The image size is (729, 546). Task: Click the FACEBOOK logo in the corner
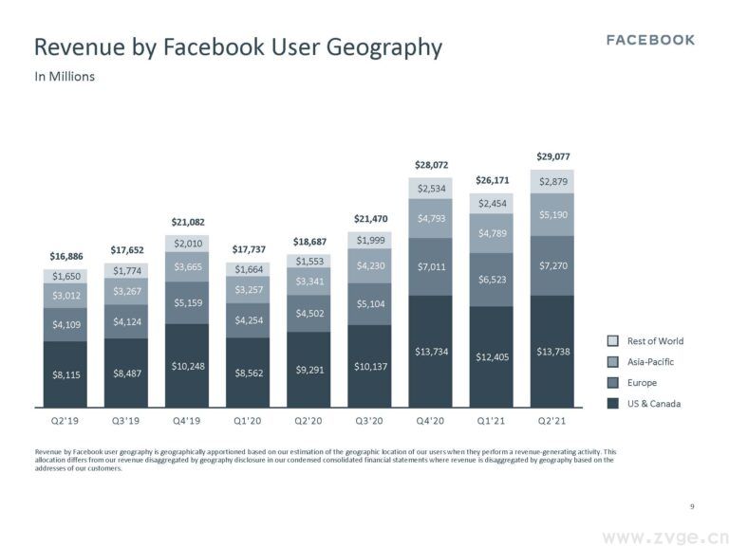click(x=650, y=40)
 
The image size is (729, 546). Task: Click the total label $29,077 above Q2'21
click(x=553, y=156)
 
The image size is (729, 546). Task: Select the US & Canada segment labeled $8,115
click(x=65, y=374)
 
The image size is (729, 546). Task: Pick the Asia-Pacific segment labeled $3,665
click(x=187, y=268)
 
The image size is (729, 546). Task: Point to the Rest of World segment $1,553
click(x=309, y=261)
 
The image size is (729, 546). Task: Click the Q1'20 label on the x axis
click(x=248, y=417)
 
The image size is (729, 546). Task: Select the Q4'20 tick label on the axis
click(x=432, y=417)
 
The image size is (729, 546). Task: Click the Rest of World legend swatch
click(x=613, y=341)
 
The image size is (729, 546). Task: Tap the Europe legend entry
click(x=642, y=383)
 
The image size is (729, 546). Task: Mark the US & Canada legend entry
click(x=653, y=404)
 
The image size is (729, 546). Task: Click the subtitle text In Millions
click(x=65, y=77)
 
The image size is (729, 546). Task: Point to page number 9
click(x=693, y=507)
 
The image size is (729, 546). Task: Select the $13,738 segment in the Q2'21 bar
click(x=553, y=352)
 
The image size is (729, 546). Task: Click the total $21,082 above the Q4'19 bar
click(x=187, y=223)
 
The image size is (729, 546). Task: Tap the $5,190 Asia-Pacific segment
click(x=553, y=215)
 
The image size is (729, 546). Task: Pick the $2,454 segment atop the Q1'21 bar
click(x=493, y=203)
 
